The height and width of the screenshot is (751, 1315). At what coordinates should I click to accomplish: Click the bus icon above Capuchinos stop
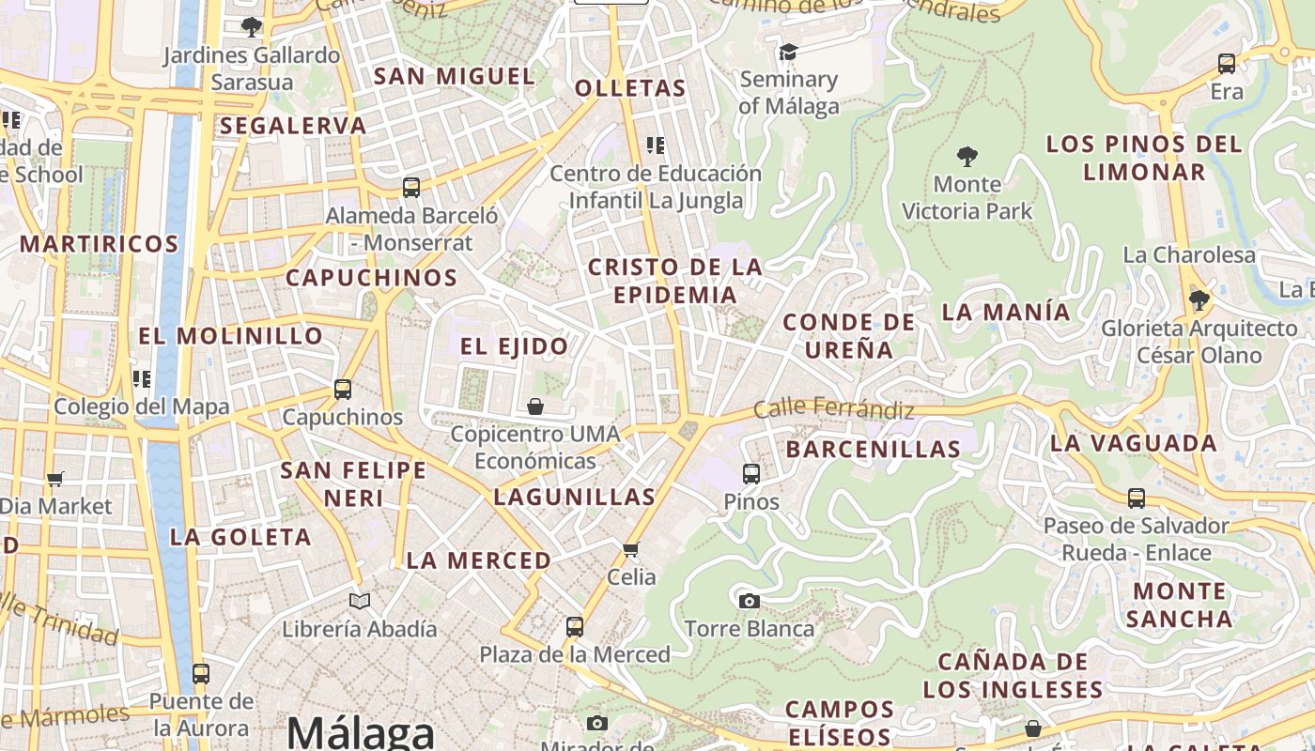tap(343, 390)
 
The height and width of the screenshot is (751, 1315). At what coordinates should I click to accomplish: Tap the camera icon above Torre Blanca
tap(749, 601)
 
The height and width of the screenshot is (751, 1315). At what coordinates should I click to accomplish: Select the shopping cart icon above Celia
tap(631, 549)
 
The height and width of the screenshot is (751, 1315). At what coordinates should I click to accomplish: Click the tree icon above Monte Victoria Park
tap(967, 156)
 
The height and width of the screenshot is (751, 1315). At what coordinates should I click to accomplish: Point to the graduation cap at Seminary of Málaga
tap(788, 52)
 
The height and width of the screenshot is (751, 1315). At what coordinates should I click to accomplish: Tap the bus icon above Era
tap(1227, 64)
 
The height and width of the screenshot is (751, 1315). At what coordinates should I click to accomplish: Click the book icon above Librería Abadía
tap(359, 601)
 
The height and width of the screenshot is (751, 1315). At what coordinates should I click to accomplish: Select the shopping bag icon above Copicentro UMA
tap(534, 406)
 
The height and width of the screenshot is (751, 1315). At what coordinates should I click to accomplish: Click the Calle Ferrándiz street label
tap(833, 409)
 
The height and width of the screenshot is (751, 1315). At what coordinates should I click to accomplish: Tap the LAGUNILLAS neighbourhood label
tap(574, 497)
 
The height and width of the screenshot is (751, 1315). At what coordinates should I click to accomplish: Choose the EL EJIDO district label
tap(514, 346)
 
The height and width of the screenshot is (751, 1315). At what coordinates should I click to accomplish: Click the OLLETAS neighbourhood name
tap(630, 88)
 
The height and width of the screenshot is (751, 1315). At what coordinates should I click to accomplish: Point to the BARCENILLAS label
tap(873, 450)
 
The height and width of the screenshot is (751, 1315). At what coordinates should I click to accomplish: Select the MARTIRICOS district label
tap(99, 244)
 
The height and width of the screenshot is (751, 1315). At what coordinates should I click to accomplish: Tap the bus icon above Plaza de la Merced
tap(575, 626)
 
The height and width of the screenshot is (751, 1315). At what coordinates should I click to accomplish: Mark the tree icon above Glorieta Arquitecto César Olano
tap(1199, 300)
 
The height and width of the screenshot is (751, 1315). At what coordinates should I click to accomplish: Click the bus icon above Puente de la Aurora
tap(201, 674)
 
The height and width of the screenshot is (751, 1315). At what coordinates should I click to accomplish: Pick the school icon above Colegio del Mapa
tap(142, 379)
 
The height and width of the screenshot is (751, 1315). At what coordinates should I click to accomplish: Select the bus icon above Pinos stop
tap(751, 474)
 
